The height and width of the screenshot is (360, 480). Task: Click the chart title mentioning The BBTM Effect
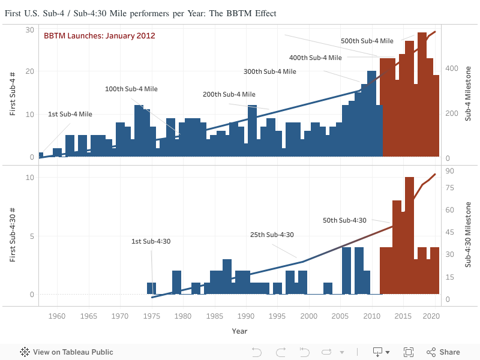(x=140, y=13)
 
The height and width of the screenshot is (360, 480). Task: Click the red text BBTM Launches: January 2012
(x=100, y=36)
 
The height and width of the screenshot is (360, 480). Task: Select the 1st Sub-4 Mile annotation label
(x=70, y=114)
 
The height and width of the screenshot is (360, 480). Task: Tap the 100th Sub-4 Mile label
(x=131, y=89)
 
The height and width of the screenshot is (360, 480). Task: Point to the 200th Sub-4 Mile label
(x=229, y=95)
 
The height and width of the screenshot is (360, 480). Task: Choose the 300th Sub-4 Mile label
(x=270, y=71)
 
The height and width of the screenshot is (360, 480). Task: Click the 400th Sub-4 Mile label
(x=316, y=58)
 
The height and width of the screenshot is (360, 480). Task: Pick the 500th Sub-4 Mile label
(x=367, y=41)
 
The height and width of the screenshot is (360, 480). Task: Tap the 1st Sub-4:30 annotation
(x=151, y=242)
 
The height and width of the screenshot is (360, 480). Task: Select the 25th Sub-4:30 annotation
(x=272, y=235)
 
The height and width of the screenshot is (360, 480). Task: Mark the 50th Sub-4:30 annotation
(x=344, y=221)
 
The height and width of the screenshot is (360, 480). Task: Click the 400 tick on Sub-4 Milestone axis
(x=451, y=68)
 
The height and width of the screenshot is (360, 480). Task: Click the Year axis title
(x=239, y=331)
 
